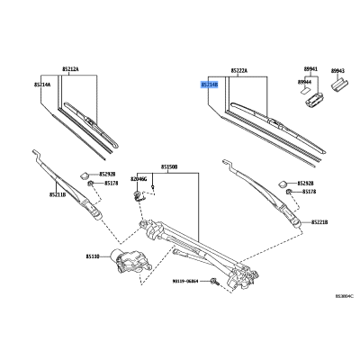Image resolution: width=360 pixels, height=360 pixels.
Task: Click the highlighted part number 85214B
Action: pos(208,84)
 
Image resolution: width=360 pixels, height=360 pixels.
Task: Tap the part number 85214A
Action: pos(43,84)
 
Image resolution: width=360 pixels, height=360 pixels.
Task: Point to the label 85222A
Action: pos(239,69)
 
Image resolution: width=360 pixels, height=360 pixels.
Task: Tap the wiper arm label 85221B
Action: pos(319,221)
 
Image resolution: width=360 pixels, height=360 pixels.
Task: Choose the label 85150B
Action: pos(170,166)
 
